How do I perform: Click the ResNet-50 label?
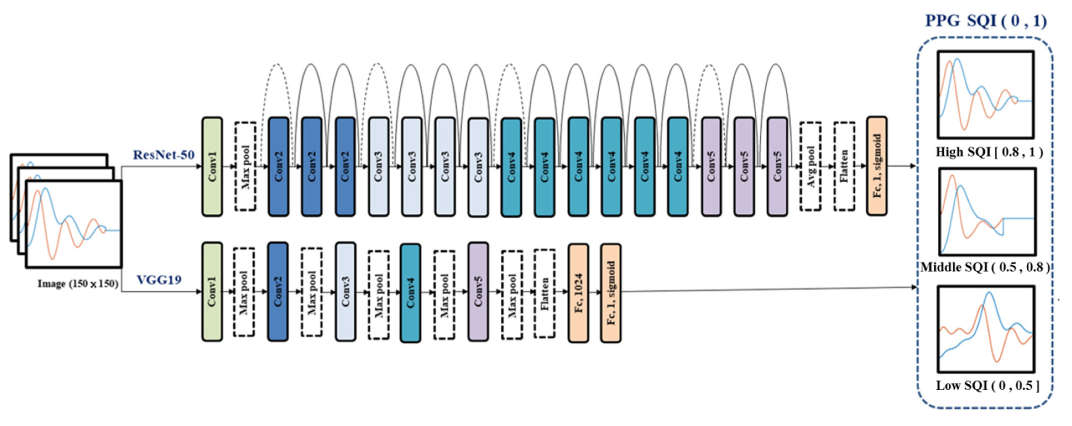(164, 155)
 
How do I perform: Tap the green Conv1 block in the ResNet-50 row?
(212, 166)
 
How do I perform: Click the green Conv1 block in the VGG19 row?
(212, 292)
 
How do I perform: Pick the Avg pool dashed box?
(810, 166)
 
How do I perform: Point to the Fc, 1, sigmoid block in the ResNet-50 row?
(877, 166)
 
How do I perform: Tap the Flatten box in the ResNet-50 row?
(844, 166)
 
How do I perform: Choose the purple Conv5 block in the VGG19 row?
(478, 292)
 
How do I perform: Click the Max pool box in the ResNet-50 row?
(245, 166)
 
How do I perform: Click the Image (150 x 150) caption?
(78, 284)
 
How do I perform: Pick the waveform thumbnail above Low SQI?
(986, 329)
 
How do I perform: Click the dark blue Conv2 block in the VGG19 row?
(278, 292)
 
